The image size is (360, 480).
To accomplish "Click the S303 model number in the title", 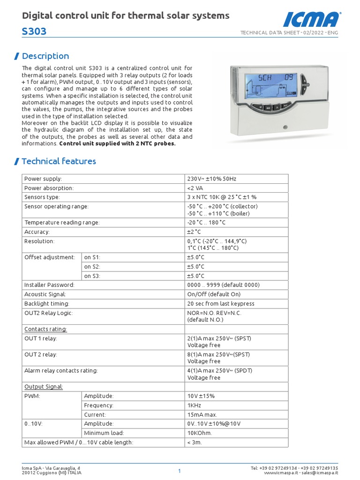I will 34,32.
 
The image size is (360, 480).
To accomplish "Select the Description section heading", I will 45,56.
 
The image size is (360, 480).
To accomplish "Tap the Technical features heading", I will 59,161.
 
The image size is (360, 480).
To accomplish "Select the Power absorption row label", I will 49,188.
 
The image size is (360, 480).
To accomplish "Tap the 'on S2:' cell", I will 92,266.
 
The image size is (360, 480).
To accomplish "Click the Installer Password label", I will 49,285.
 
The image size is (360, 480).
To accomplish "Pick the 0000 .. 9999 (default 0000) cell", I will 223,285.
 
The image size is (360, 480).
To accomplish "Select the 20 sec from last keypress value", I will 220,303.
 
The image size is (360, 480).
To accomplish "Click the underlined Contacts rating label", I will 45,329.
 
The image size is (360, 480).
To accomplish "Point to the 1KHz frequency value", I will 194,405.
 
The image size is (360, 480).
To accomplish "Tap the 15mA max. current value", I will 202,414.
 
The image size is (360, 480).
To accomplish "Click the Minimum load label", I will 104,433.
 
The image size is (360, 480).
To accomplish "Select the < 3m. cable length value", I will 195,442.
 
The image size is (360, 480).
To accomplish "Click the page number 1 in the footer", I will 180,471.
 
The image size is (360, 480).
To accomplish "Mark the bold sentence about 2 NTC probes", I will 117,143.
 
